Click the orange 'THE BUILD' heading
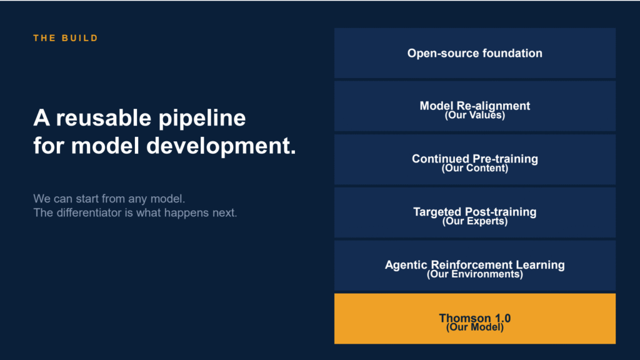[66, 38]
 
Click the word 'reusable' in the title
[104, 118]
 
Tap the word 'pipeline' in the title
[202, 119]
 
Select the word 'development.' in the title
[221, 146]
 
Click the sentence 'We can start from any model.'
[109, 199]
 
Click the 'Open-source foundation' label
[475, 54]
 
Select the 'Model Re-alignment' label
[475, 105]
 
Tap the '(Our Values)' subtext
[475, 116]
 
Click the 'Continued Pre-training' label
[475, 158]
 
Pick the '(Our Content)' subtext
[475, 169]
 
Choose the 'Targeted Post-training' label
[475, 211]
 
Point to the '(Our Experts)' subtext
[475, 222]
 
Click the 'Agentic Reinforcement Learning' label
[475, 264]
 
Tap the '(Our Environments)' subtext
[475, 274]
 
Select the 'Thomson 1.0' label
[475, 317]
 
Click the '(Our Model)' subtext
[475, 327]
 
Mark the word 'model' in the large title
[105, 146]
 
